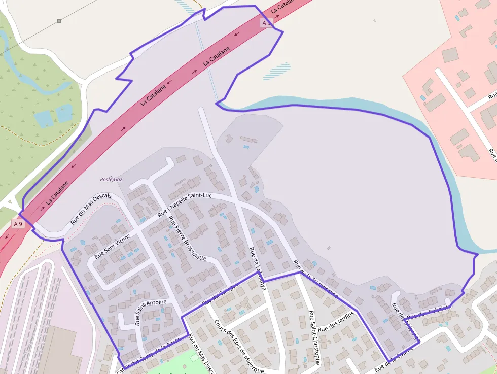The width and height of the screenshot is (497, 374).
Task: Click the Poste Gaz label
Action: (111, 180)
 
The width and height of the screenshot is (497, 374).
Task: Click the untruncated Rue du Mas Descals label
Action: (91, 209)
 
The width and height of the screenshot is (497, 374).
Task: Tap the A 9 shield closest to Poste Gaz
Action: (18, 224)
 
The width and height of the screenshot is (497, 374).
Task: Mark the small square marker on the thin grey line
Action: (59, 21)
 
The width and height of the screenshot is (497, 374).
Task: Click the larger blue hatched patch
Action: (277, 71)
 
